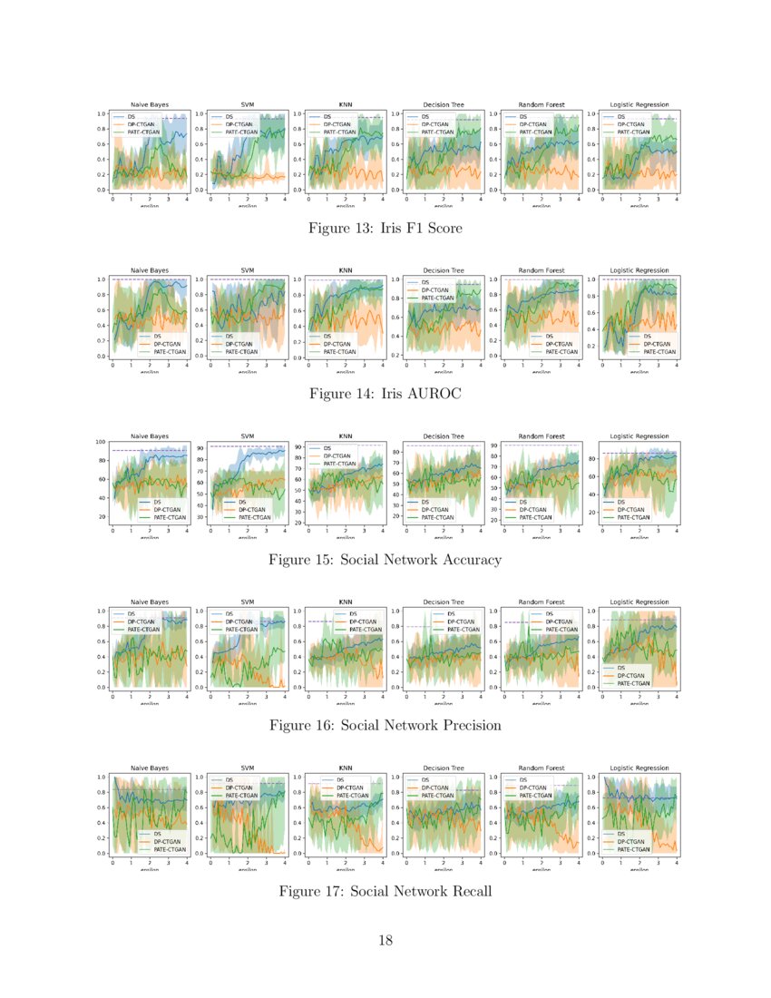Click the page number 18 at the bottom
(385, 940)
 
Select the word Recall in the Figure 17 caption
(465, 892)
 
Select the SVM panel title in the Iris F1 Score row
(247, 104)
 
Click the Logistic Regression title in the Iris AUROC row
(639, 270)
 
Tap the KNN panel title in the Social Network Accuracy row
(345, 436)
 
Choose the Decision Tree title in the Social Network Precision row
(444, 602)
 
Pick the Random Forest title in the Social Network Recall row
(541, 768)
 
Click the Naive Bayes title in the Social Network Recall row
(150, 768)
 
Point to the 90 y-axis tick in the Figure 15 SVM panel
(201, 448)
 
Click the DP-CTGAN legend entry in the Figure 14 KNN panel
(335, 344)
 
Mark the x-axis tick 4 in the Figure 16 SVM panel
(286, 695)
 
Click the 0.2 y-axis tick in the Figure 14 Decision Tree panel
(396, 356)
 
